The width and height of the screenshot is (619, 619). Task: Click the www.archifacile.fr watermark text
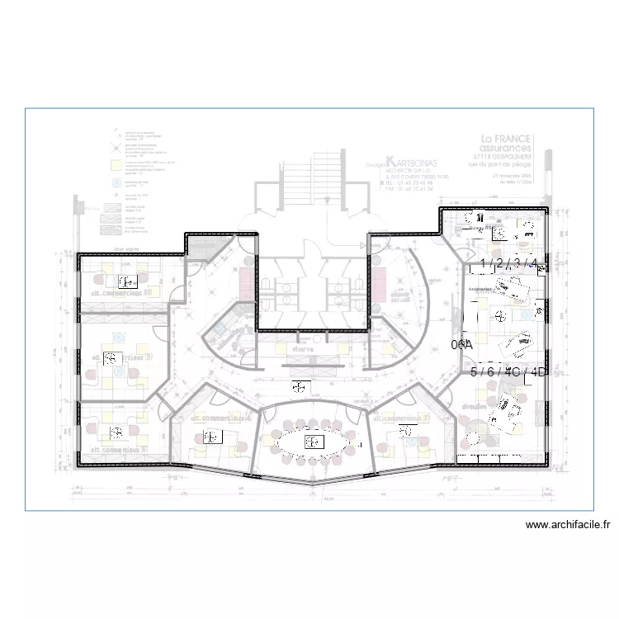[x=568, y=525]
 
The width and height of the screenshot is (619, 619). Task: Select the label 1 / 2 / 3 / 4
[x=508, y=264]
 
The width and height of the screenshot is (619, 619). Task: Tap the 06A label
[x=461, y=345]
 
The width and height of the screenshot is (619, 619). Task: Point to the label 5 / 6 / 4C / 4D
[x=508, y=372]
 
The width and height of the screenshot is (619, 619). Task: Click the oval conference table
[x=314, y=442]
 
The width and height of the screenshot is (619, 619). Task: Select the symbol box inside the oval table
[x=314, y=442]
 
